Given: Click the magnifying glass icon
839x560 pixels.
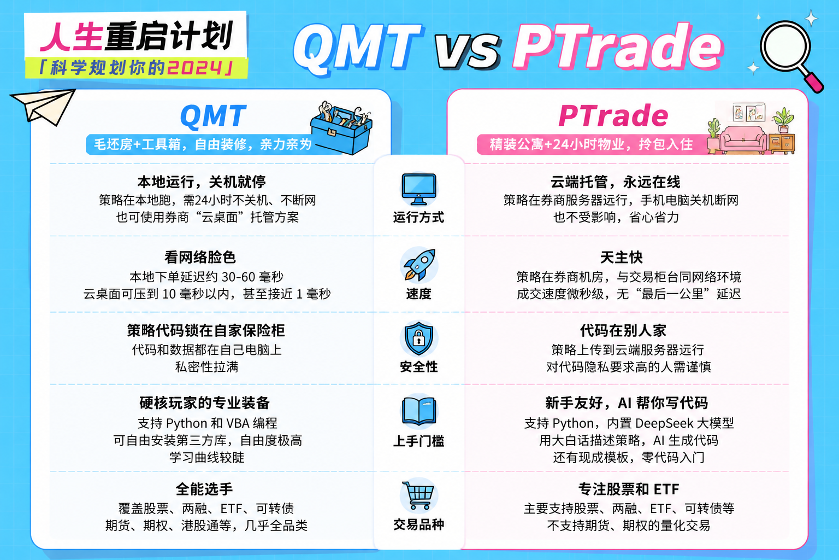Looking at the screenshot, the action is [x=786, y=48].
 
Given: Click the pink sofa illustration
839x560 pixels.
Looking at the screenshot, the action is [x=743, y=139].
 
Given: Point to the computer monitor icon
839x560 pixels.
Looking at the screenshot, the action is [x=419, y=189].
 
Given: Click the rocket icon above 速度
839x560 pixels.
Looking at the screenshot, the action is [x=419, y=265].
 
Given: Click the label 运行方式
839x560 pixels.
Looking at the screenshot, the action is [x=418, y=217].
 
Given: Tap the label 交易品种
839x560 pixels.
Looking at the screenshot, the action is [x=418, y=524].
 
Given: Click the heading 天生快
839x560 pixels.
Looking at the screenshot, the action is [x=622, y=258].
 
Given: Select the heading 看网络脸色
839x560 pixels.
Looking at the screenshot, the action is [x=200, y=258].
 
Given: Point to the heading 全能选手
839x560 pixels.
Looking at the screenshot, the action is [x=204, y=489].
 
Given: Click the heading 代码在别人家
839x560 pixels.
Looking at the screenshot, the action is [x=623, y=330].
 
